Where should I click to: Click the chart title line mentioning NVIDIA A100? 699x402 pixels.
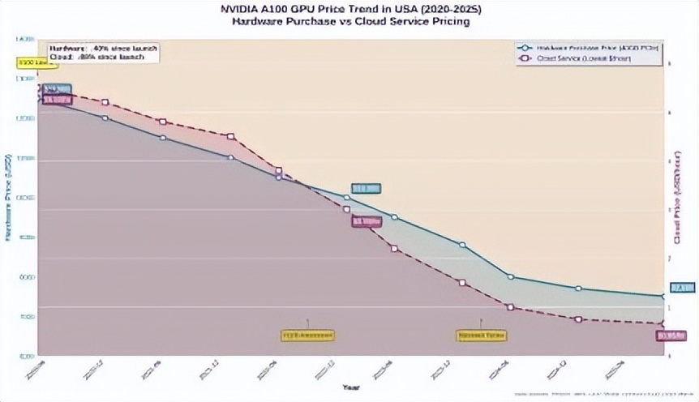click(x=349, y=10)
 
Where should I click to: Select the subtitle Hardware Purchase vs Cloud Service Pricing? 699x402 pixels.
click(x=349, y=22)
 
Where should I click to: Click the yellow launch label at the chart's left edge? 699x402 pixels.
click(x=28, y=62)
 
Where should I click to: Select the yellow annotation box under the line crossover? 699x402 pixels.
click(x=307, y=334)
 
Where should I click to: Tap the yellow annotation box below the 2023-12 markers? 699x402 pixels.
click(x=481, y=334)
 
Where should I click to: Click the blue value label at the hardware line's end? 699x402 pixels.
click(x=681, y=288)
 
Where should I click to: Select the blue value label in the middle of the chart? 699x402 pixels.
click(x=365, y=189)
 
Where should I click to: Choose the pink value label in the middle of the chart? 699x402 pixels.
click(x=366, y=220)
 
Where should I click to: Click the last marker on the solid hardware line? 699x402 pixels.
click(x=663, y=297)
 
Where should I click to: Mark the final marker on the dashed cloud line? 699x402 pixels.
click(x=663, y=324)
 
